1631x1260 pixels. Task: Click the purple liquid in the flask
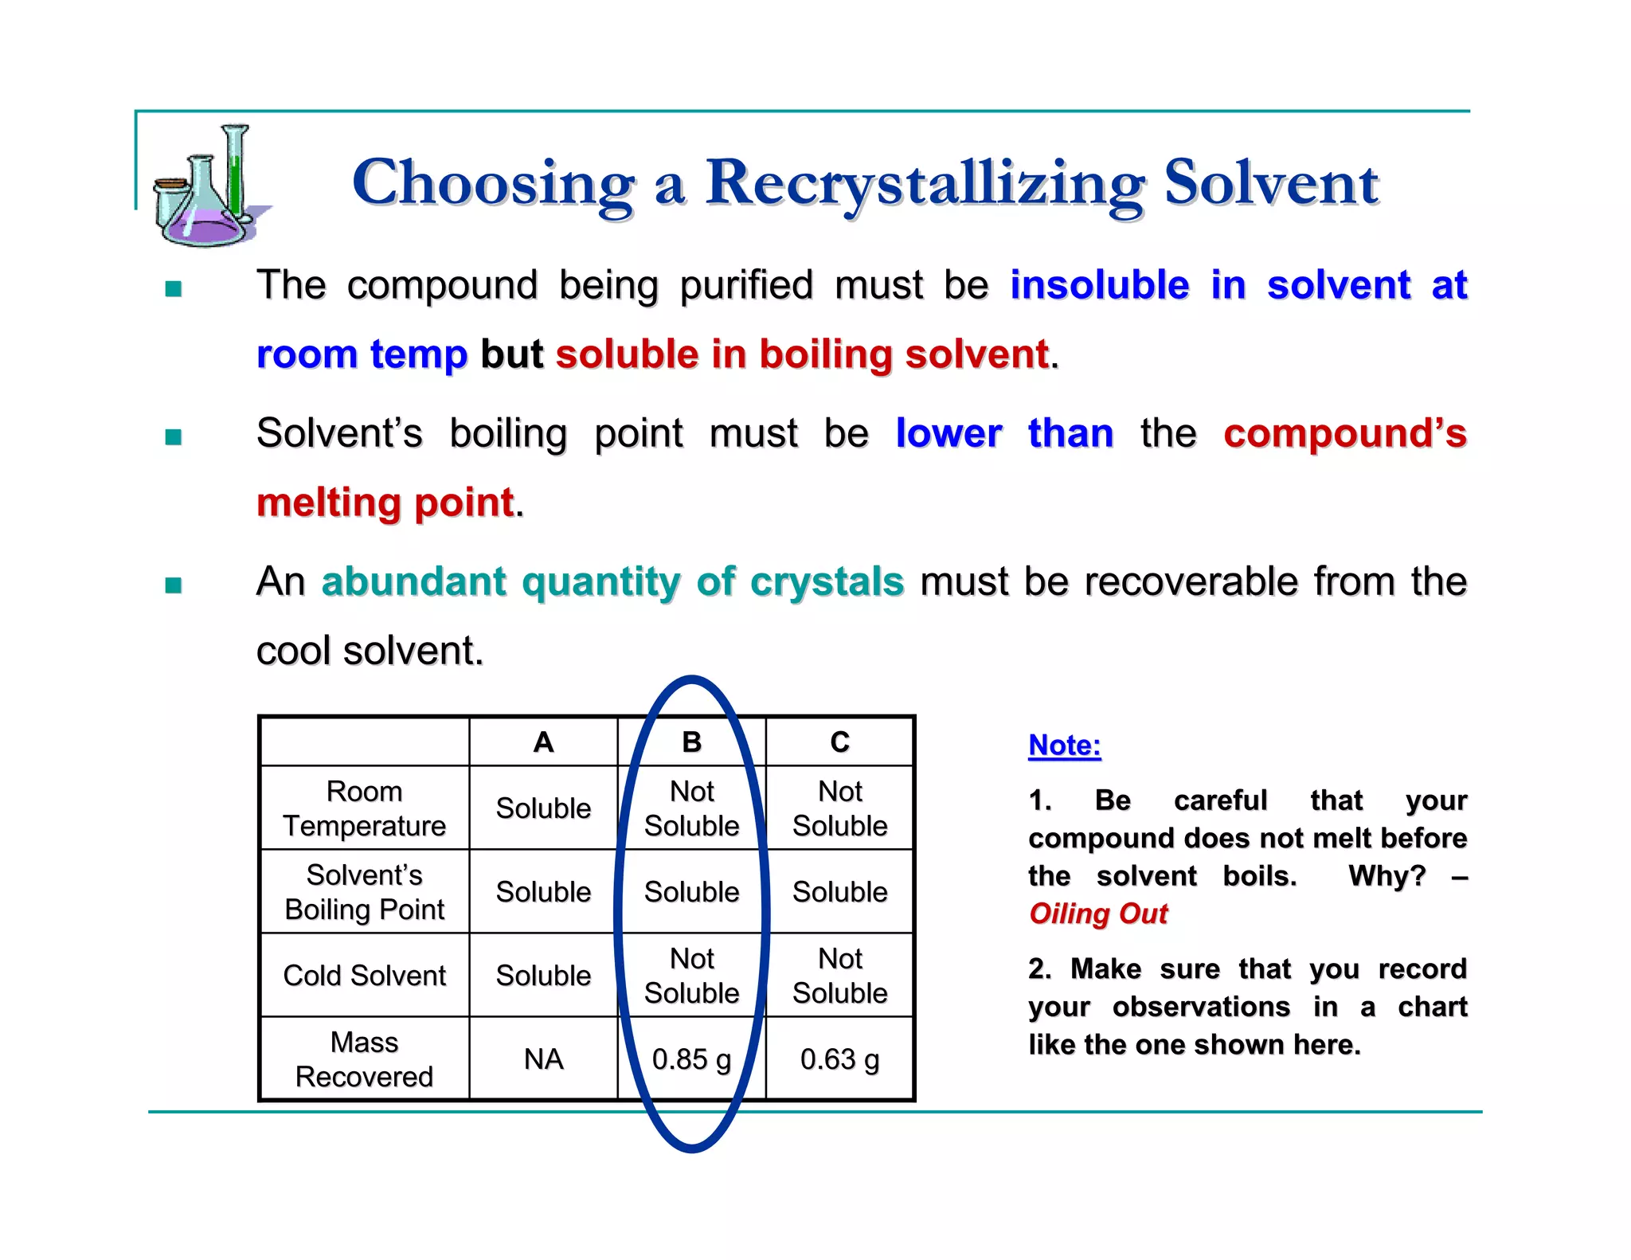pyautogui.click(x=206, y=229)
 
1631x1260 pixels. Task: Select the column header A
pyautogui.click(x=543, y=742)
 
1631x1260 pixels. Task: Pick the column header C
pyautogui.click(x=839, y=742)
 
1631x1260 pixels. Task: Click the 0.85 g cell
pyautogui.click(x=691, y=1059)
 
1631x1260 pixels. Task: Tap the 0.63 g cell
pyautogui.click(x=839, y=1059)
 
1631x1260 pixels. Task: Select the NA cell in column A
pyautogui.click(x=543, y=1059)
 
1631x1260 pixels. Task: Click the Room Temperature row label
pyautogui.click(x=364, y=808)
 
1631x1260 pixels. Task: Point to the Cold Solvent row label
pyautogui.click(x=364, y=976)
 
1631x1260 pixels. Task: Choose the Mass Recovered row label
pyautogui.click(x=364, y=1059)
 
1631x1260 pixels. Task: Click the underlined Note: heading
pyautogui.click(x=1064, y=745)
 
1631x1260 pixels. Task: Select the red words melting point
pyautogui.click(x=385, y=503)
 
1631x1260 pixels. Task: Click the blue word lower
pyautogui.click(x=948, y=434)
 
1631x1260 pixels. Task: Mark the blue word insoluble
pyautogui.click(x=1099, y=285)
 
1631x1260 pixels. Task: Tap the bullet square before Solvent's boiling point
pyautogui.click(x=174, y=436)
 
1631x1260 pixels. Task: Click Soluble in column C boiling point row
pyautogui.click(x=839, y=892)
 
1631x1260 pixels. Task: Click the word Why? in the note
pyautogui.click(x=1386, y=876)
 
